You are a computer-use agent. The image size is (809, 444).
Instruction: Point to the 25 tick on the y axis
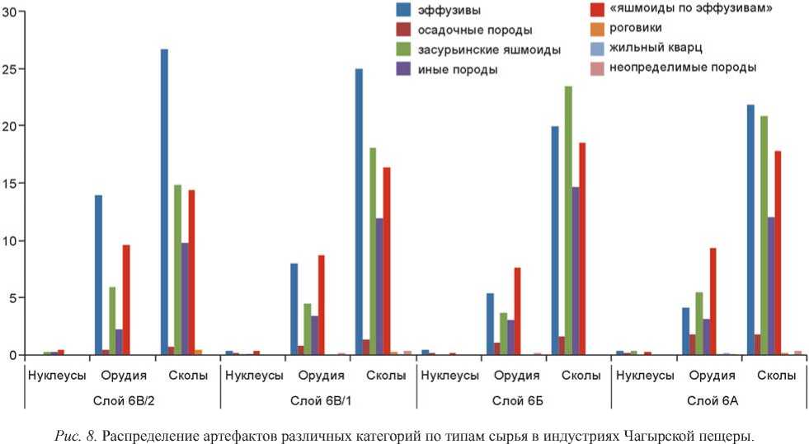click(x=9, y=69)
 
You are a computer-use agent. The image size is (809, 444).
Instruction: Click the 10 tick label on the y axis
click(x=9, y=241)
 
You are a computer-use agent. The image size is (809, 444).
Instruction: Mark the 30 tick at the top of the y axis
click(x=9, y=12)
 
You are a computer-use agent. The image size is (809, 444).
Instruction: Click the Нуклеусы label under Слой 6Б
click(x=449, y=376)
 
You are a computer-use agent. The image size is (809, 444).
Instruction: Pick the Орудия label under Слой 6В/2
click(x=124, y=376)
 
